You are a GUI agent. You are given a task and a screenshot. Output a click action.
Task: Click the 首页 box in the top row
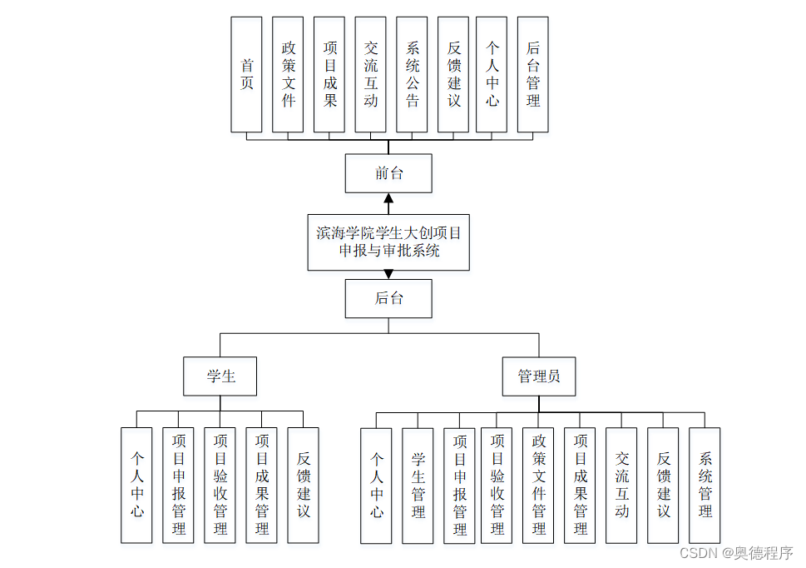[x=246, y=74]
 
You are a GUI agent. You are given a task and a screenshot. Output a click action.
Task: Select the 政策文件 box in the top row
[x=288, y=74]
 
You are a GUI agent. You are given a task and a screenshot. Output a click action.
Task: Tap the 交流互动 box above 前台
[x=370, y=74]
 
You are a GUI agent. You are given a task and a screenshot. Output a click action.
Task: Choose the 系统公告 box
[x=412, y=74]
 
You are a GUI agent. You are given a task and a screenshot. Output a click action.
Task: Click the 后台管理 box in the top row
[x=532, y=74]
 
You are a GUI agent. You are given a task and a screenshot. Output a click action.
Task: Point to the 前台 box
[x=388, y=173]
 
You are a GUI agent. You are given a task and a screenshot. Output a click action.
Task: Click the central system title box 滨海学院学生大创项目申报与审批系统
[x=388, y=241]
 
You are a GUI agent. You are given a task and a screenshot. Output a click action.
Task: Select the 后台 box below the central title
[x=388, y=298]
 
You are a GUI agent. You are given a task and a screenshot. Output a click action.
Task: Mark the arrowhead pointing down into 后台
[x=388, y=274]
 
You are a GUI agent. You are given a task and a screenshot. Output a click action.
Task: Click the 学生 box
[x=220, y=376]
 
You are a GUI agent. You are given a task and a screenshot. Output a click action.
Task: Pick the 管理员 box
[x=539, y=376]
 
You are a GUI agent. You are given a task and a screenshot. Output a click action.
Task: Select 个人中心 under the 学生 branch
[x=136, y=485]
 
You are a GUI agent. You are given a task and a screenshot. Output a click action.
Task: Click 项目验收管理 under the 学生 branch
[x=220, y=485]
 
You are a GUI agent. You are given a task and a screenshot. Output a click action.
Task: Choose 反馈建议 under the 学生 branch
[x=303, y=485]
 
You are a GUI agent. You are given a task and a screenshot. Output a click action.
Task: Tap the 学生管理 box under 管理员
[x=418, y=486]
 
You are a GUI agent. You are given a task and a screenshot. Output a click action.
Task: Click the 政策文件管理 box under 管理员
[x=538, y=486]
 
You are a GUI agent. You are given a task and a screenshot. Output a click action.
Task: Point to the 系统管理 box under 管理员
[x=705, y=486]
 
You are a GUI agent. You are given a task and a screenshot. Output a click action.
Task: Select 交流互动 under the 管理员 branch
[x=621, y=486]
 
